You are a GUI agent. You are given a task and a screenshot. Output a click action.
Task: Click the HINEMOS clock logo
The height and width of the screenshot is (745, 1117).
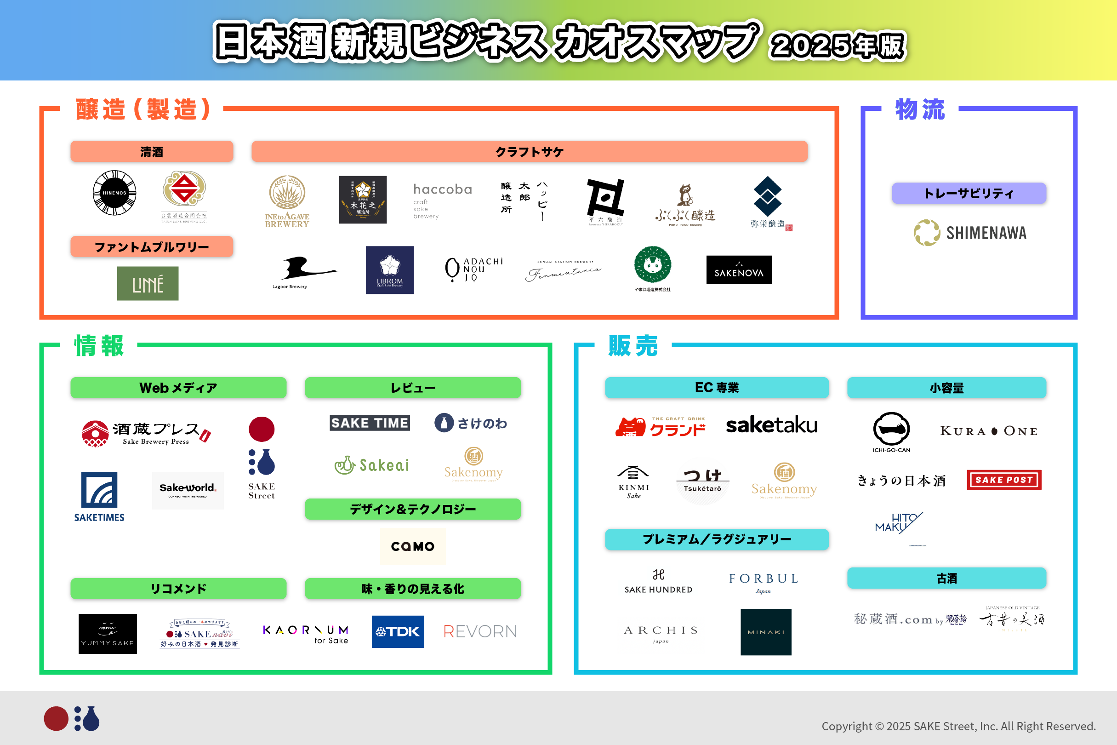pos(114,193)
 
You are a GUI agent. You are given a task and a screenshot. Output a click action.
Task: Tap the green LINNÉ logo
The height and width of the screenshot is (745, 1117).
pos(148,284)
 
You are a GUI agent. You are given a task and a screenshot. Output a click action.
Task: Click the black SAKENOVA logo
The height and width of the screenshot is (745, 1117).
pos(739,270)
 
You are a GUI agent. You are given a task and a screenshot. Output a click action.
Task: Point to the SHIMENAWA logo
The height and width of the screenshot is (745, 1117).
pos(970,233)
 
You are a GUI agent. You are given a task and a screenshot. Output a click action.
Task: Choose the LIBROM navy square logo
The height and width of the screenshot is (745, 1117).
pos(389,270)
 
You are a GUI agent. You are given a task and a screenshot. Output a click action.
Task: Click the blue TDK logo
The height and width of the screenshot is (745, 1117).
pos(398,631)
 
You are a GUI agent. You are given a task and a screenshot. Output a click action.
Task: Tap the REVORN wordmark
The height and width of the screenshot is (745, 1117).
pos(479,631)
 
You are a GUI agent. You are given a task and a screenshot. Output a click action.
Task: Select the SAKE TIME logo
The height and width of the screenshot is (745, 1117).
pos(370,423)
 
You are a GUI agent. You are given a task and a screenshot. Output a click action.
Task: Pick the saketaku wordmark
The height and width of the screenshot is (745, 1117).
pos(772,425)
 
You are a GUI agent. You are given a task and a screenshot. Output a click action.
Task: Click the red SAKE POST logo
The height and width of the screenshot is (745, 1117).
pos(1004,480)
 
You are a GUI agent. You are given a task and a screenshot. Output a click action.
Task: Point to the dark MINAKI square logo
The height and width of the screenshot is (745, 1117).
pos(765,632)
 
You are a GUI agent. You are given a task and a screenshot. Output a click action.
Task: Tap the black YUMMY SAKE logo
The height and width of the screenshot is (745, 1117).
pos(108,634)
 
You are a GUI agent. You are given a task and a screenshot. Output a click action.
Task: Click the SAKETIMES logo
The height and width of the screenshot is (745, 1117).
pos(99,497)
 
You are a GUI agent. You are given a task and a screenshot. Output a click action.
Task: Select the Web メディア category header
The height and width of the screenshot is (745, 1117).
pos(178,388)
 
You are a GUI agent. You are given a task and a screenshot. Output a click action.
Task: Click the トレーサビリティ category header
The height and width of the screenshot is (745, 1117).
pos(969,193)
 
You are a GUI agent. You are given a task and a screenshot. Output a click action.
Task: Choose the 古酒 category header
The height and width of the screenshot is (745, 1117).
pos(946,578)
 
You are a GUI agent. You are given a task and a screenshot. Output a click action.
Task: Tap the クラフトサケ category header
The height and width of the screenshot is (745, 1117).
pos(529,152)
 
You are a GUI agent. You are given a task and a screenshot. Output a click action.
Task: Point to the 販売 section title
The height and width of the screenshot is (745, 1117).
pos(633,346)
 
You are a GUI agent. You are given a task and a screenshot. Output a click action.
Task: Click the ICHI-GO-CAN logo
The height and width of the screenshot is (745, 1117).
pos(891,432)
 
